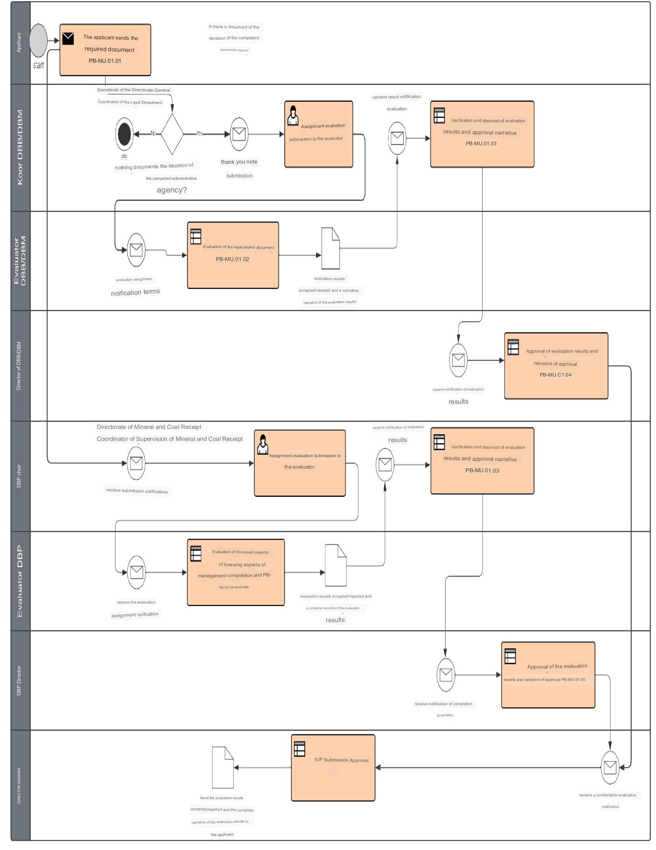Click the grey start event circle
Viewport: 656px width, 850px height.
(x=38, y=40)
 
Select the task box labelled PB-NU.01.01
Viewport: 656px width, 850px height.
(x=105, y=50)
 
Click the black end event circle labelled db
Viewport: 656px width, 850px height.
(x=124, y=134)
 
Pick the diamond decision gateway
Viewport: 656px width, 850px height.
(x=172, y=134)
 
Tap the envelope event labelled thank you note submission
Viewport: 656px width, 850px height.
(x=239, y=134)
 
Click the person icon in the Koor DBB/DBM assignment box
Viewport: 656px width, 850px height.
(x=293, y=115)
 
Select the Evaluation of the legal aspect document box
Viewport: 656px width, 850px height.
(x=233, y=255)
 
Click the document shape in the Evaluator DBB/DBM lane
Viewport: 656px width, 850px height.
(x=330, y=248)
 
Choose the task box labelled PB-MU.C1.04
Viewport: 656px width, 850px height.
(x=556, y=365)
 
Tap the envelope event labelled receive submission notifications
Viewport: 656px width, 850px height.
(x=136, y=463)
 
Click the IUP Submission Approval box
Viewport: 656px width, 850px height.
(x=333, y=767)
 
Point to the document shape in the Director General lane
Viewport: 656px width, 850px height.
(x=223, y=767)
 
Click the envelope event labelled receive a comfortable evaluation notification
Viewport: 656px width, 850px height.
(x=610, y=767)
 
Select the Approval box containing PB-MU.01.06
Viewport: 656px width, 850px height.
(x=548, y=675)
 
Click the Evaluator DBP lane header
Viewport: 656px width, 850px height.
(x=20, y=581)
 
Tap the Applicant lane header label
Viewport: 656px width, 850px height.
(x=19, y=43)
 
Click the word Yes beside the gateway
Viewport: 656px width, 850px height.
(x=200, y=133)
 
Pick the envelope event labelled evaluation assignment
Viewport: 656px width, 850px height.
(x=136, y=250)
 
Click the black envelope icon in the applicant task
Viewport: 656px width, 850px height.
(x=68, y=38)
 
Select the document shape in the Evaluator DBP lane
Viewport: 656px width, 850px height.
(x=336, y=565)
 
